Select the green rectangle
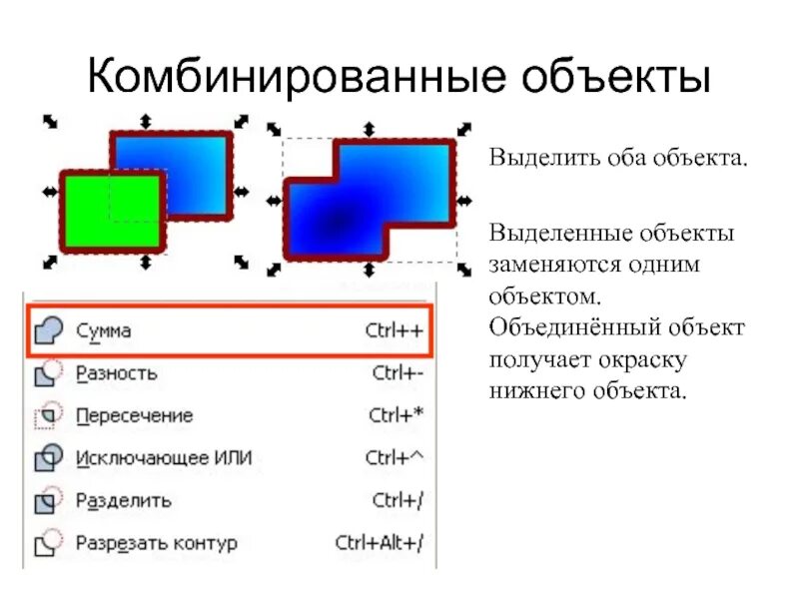[x=109, y=211]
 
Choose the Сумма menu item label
[x=103, y=330]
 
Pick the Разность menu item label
[x=116, y=373]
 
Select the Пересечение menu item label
[x=134, y=415]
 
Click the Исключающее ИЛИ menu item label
[x=164, y=458]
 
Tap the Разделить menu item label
[x=123, y=500]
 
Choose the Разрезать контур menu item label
[x=156, y=543]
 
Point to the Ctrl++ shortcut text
[x=394, y=330]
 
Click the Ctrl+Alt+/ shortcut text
[x=380, y=543]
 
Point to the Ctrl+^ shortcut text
[x=395, y=458]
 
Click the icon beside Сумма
[x=48, y=330]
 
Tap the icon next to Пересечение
[x=48, y=415]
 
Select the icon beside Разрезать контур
[x=48, y=543]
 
